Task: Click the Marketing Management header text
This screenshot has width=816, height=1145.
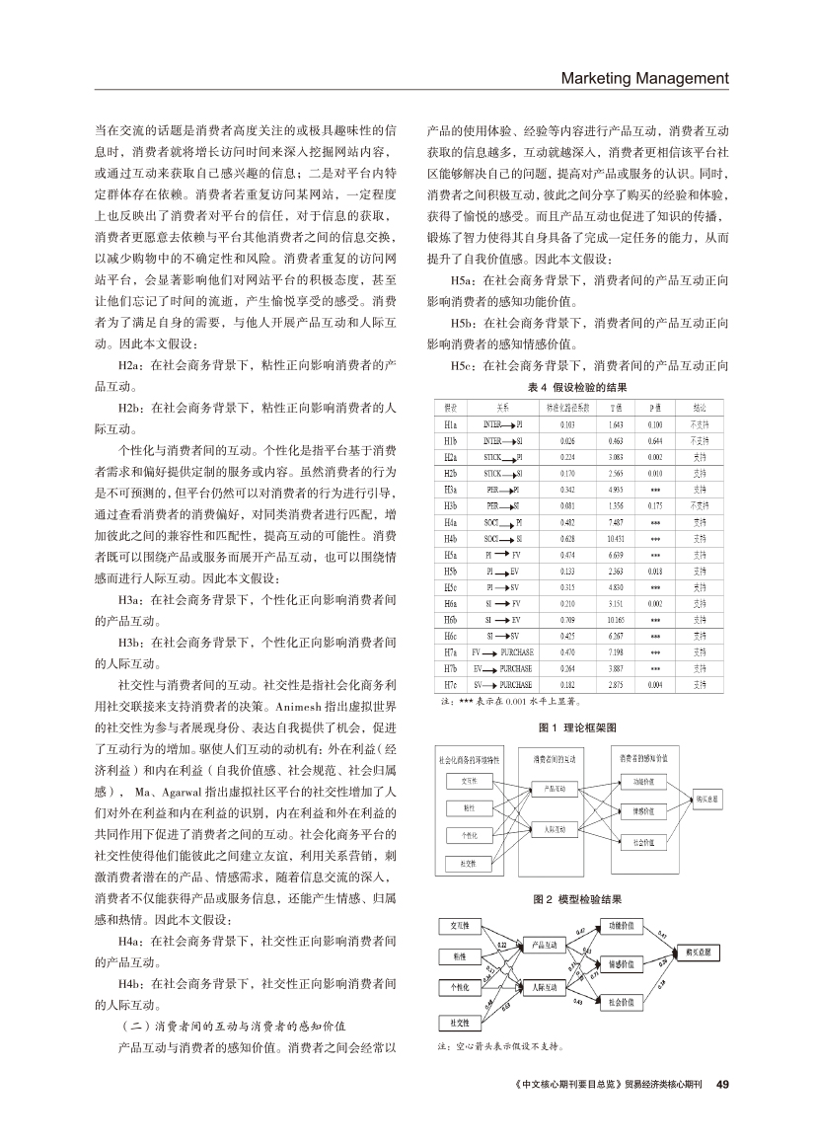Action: pyautogui.click(x=644, y=78)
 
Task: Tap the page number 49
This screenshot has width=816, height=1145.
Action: pyautogui.click(x=721, y=1082)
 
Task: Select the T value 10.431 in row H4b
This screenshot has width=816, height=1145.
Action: pyautogui.click(x=614, y=538)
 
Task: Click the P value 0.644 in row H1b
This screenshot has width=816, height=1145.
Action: pyautogui.click(x=656, y=440)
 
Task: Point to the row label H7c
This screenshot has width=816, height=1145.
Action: pyautogui.click(x=449, y=683)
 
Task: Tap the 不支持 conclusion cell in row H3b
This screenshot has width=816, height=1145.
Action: pyautogui.click(x=699, y=505)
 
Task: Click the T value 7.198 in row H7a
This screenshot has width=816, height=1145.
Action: pyautogui.click(x=614, y=651)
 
